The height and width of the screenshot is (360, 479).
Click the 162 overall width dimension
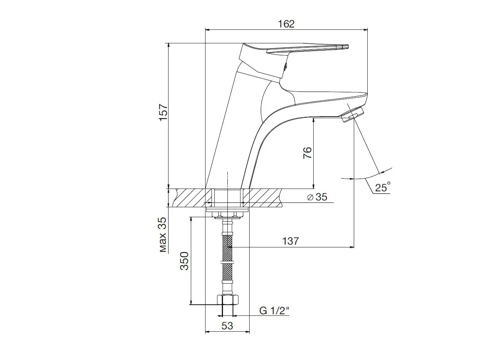pos(286,24)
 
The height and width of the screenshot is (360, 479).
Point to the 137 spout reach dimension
pos(290,241)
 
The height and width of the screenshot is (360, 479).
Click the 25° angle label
pos(382,187)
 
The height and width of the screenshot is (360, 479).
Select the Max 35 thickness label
pos(163,235)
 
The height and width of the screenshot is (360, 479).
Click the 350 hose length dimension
pos(185,261)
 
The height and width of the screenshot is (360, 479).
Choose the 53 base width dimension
pos(227,326)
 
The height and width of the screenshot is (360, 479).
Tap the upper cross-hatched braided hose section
pos(227,247)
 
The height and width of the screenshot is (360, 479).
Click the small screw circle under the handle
pos(284,68)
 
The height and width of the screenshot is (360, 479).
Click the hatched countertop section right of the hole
pos(264,198)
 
